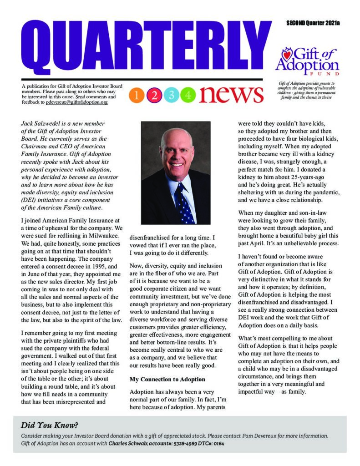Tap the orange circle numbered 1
pyautogui.click(x=137, y=95)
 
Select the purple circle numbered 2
pyautogui.click(x=154, y=95)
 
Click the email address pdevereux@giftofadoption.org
pyautogui.click(x=77, y=103)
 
